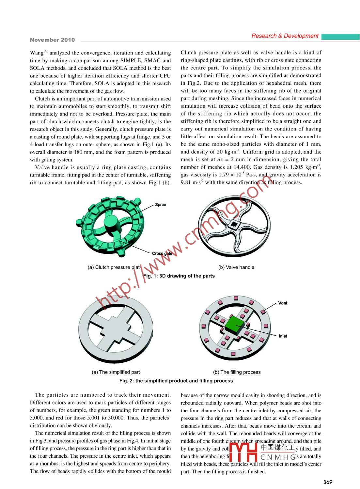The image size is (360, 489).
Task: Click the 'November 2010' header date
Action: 52,40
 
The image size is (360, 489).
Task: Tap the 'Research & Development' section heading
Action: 285,36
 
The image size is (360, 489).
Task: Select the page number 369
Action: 327,482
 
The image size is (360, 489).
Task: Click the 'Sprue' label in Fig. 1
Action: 161,205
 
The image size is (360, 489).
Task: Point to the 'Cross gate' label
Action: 162,253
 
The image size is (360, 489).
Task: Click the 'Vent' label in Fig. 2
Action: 283,303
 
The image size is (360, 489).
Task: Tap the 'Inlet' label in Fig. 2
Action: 283,336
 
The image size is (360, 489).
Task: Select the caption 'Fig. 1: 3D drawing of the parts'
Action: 179,276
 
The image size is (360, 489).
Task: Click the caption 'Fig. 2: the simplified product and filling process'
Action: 176,381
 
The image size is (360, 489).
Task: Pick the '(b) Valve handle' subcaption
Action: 236,267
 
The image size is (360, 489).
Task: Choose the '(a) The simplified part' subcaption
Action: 116,372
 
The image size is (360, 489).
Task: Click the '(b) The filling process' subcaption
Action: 237,372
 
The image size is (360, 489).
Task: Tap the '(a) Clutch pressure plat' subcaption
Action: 114,267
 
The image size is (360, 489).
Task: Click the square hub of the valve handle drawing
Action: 234,224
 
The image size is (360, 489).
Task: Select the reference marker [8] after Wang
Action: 46,51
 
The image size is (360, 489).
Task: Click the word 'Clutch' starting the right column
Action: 188,53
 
